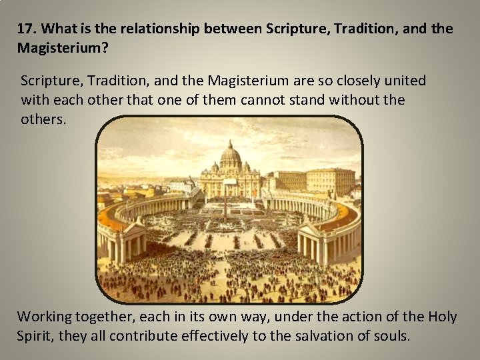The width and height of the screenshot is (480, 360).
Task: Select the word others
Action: pos(43,121)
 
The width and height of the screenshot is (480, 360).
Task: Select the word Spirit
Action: pos(35,336)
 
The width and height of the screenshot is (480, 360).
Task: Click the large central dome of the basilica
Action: pos(230,157)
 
